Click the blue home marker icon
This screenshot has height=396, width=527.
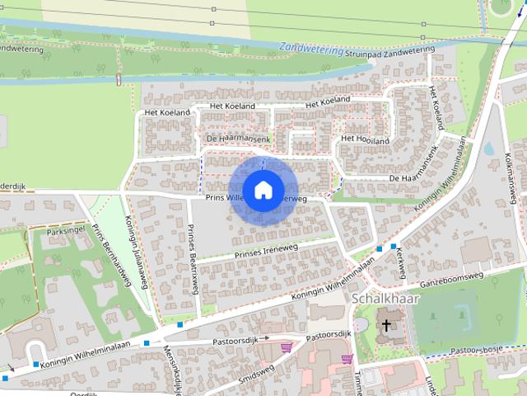(x=263, y=190)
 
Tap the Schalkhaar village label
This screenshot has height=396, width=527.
(x=385, y=298)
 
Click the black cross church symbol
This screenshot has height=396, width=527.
(x=385, y=326)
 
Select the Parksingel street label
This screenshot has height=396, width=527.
(x=68, y=233)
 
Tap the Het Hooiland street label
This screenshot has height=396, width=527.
(x=365, y=139)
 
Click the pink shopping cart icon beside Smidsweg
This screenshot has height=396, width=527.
(x=286, y=348)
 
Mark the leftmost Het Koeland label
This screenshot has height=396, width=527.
(x=166, y=112)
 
